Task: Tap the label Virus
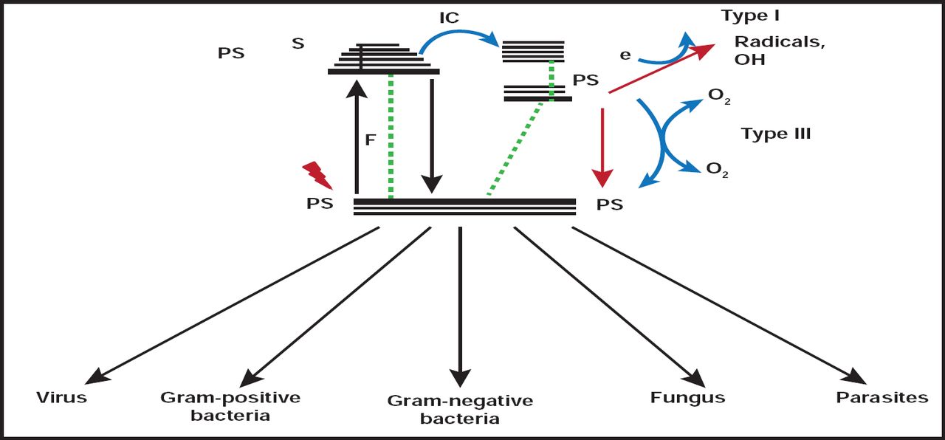click(x=62, y=398)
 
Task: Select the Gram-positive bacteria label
click(x=230, y=406)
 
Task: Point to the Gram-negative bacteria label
click(x=460, y=410)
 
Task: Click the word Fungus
click(x=687, y=398)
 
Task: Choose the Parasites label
click(x=882, y=398)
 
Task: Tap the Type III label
click(x=776, y=134)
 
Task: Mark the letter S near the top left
click(x=298, y=44)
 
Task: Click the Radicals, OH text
click(x=779, y=50)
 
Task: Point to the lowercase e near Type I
click(x=625, y=54)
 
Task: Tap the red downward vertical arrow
click(x=603, y=148)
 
